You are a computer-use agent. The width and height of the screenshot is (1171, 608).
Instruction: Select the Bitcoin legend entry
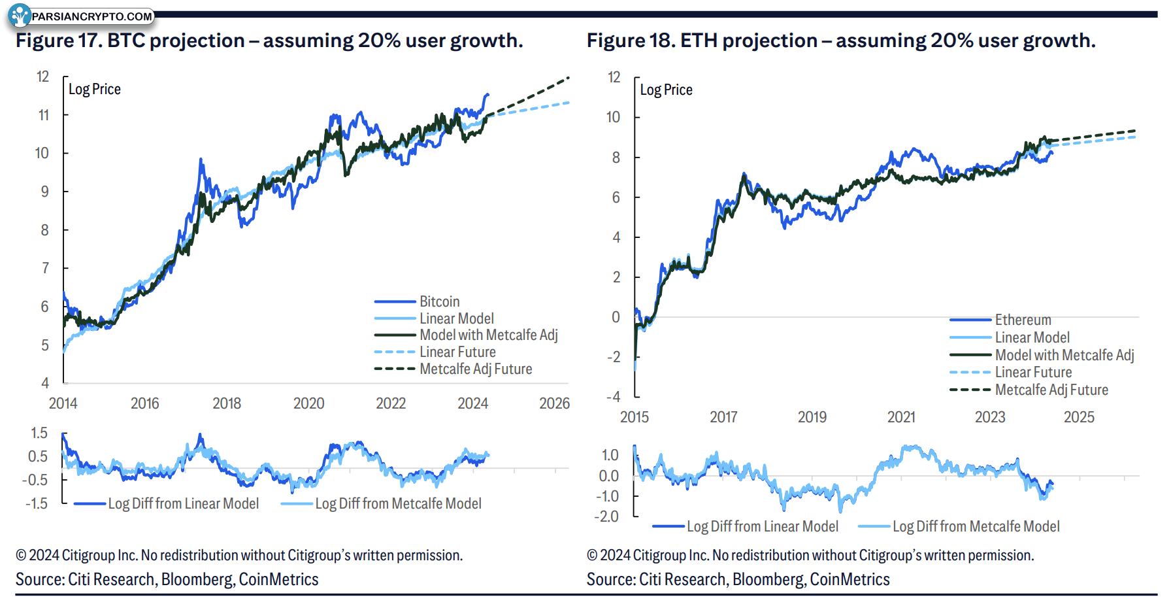click(439, 301)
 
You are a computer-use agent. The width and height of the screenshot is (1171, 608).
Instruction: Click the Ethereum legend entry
click(1023, 320)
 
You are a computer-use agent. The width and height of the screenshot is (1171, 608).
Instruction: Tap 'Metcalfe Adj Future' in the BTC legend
click(476, 369)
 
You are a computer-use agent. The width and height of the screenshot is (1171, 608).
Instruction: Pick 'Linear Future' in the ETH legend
click(1033, 372)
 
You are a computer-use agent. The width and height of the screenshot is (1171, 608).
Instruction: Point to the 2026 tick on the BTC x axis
click(554, 403)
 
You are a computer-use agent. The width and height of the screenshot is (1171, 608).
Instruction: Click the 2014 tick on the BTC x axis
click(63, 403)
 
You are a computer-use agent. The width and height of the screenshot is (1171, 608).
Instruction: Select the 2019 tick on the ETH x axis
click(812, 417)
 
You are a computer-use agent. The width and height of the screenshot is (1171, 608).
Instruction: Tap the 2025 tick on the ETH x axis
click(1079, 417)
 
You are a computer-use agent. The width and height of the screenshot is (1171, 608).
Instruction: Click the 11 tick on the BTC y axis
click(43, 116)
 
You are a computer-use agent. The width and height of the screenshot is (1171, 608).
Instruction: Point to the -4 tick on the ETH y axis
click(613, 397)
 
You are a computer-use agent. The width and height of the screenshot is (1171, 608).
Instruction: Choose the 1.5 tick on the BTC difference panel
click(39, 433)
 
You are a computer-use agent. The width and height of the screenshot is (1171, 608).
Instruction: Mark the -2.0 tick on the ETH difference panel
click(606, 516)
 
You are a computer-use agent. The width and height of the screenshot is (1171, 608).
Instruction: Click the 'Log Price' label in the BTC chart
click(95, 90)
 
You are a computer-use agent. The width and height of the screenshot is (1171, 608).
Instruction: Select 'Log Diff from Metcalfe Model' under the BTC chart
click(398, 503)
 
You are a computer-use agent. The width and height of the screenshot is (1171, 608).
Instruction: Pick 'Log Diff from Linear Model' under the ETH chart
click(762, 526)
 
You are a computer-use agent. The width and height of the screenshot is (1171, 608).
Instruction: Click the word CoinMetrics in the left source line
click(278, 579)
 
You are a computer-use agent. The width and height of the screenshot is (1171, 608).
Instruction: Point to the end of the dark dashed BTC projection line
click(569, 77)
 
